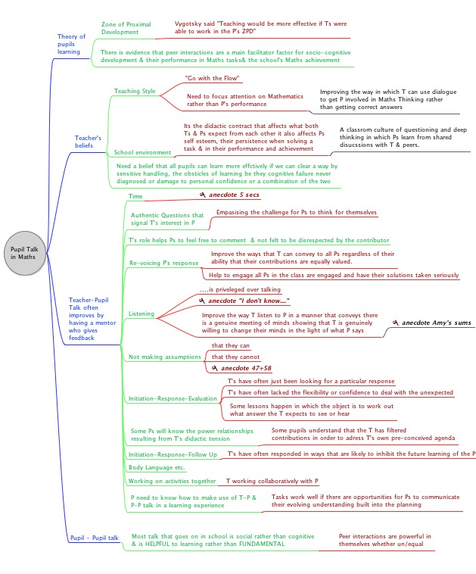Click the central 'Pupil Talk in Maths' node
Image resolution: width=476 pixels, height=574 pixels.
[x=27, y=253]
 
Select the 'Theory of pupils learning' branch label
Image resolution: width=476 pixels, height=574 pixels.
[x=72, y=44]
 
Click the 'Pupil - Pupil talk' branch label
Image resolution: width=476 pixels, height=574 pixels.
[x=94, y=538]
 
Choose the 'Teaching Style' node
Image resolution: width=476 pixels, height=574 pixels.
[x=135, y=91]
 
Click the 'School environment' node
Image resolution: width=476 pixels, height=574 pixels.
[x=142, y=153]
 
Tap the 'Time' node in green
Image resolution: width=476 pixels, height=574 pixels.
[x=135, y=197]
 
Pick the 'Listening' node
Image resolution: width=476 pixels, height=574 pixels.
[x=142, y=313]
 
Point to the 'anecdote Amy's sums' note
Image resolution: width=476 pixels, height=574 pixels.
[x=435, y=323]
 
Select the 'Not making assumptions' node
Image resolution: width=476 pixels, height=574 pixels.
[x=161, y=356]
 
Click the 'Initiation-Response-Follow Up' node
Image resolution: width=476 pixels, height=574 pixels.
[x=173, y=454]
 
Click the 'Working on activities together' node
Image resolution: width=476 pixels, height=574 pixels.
[x=172, y=481]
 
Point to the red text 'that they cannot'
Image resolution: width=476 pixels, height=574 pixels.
[x=235, y=357]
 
